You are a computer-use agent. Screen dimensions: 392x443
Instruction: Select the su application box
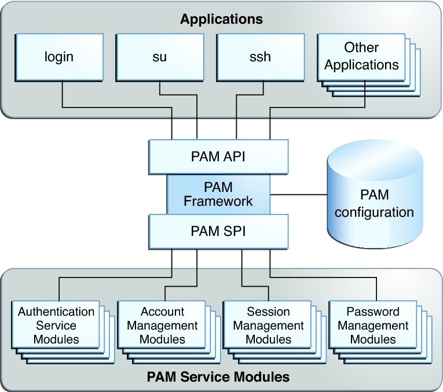(160, 57)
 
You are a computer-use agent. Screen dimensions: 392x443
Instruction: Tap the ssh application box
(261, 57)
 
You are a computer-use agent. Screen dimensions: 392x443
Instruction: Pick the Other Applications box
(361, 56)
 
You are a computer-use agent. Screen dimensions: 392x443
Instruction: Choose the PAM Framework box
(218, 194)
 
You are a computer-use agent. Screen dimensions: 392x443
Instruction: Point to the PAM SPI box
(218, 231)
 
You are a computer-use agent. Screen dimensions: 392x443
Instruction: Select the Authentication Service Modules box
(56, 325)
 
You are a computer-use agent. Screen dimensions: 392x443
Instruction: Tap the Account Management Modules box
(162, 325)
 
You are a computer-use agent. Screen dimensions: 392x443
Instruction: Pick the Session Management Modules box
(268, 325)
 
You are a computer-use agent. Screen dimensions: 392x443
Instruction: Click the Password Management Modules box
(373, 325)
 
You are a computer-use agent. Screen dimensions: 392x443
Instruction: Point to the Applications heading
(221, 19)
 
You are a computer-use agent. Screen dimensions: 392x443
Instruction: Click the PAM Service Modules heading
(218, 378)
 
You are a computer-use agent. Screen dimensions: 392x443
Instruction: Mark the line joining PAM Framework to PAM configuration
(298, 194)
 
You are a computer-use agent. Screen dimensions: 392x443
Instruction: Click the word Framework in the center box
(218, 201)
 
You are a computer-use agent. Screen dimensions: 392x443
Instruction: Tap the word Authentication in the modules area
(56, 312)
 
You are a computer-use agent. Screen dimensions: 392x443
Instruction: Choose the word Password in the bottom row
(373, 312)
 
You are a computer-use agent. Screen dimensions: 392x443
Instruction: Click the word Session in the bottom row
(268, 312)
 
